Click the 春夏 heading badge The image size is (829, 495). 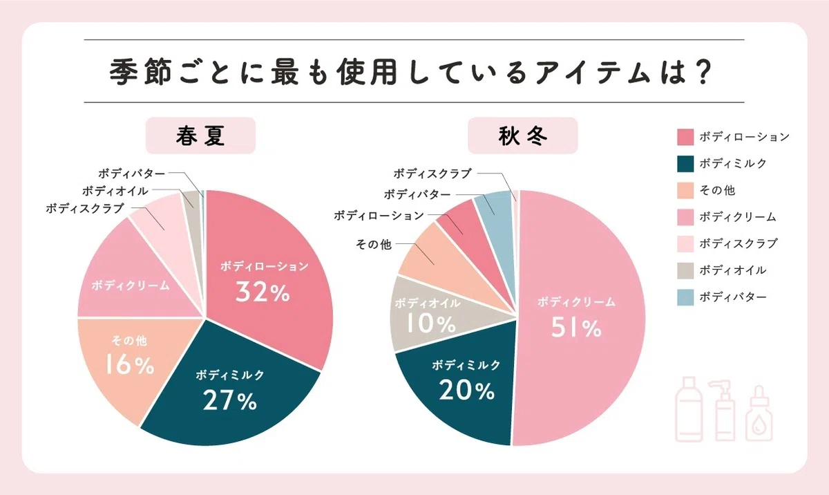point(200,136)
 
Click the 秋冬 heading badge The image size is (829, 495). point(522,136)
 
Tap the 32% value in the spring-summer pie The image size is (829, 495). point(263,292)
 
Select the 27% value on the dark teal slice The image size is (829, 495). point(230,400)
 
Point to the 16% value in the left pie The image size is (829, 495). point(130,364)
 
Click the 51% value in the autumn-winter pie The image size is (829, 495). point(576,328)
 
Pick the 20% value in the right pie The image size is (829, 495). point(467,390)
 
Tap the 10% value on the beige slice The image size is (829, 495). point(431,324)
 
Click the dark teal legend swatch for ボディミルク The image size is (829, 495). point(685,164)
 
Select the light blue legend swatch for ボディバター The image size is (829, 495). point(685,297)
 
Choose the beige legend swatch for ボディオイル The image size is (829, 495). point(685,270)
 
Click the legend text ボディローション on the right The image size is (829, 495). point(744,137)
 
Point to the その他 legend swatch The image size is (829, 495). point(685,191)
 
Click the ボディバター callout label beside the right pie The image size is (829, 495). point(417,194)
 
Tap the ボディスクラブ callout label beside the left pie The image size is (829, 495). point(85,209)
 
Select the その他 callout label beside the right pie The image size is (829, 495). point(374,244)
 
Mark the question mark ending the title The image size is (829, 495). point(703,71)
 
